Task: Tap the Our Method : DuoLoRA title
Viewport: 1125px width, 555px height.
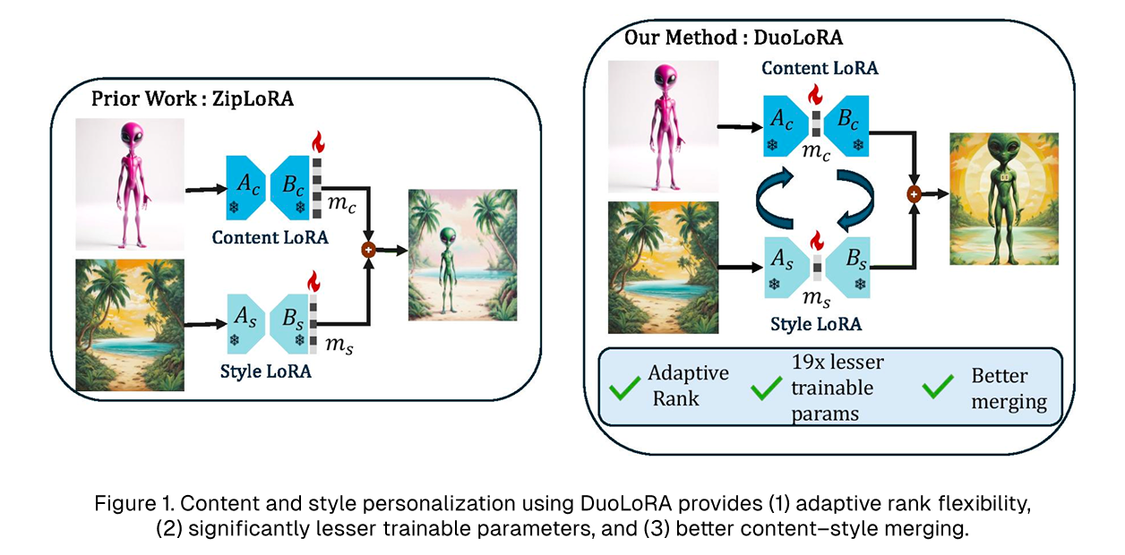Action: click(734, 38)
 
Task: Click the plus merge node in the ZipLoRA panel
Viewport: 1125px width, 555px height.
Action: click(367, 251)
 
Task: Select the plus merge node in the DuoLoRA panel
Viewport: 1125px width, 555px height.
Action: click(914, 192)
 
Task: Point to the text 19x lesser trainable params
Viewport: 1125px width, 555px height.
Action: click(837, 387)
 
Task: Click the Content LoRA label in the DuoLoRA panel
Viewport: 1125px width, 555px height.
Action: click(820, 68)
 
